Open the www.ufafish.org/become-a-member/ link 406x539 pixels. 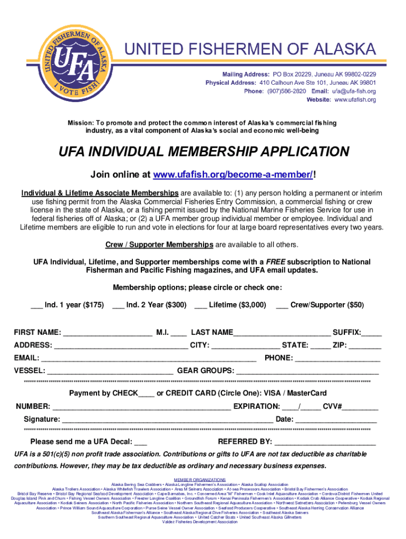[x=234, y=175]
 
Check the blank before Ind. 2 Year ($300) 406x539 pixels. [x=118, y=305]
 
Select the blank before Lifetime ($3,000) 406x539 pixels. [x=200, y=305]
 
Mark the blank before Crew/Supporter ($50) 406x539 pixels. [x=282, y=305]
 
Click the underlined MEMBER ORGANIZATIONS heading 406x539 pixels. [x=203, y=480]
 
